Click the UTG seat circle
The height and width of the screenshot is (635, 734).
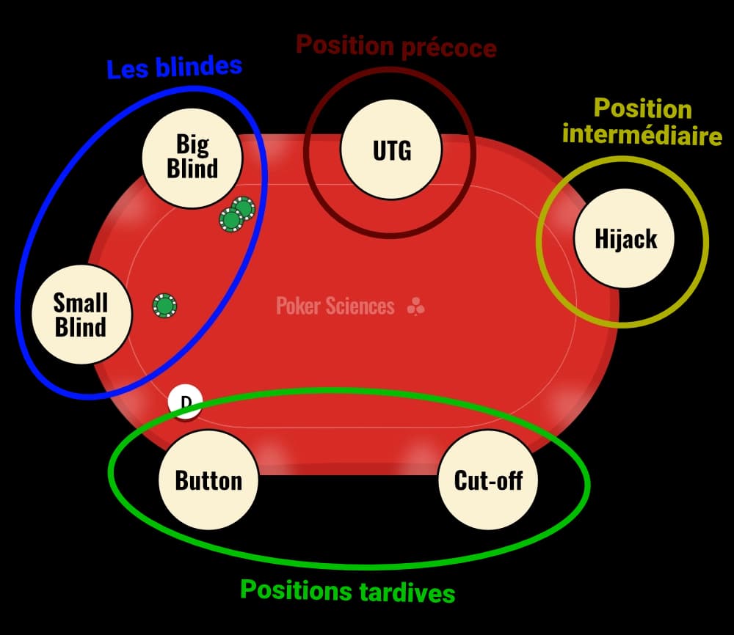pos(391,150)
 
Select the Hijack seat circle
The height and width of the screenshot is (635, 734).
pos(625,239)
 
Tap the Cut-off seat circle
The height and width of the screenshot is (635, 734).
pos(488,481)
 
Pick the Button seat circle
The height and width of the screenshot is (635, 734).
pos(208,481)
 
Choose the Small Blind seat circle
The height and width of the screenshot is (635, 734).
pos(81,315)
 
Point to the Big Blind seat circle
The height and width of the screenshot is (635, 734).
pos(192,156)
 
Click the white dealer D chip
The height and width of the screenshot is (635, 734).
pos(185,401)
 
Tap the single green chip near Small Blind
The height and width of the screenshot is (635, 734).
pos(165,304)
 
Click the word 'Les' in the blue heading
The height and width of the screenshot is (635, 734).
pos(125,69)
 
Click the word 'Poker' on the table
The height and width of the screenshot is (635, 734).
pos(297,306)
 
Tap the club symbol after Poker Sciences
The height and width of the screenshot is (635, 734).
pos(415,307)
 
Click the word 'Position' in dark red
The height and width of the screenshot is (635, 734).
pos(345,45)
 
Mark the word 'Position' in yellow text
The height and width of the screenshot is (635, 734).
pos(642,109)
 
